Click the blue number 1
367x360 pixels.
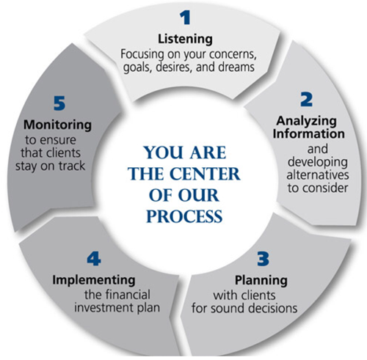click(x=185, y=18)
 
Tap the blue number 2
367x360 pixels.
click(x=306, y=100)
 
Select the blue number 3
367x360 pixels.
click(x=263, y=259)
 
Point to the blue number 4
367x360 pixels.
click(x=94, y=259)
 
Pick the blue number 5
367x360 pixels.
click(x=59, y=103)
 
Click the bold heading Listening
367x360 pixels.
click(x=185, y=39)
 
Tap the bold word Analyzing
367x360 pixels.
click(x=307, y=121)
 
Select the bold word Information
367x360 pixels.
click(x=309, y=134)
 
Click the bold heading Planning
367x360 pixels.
click(x=261, y=280)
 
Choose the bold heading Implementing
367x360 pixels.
click(x=94, y=280)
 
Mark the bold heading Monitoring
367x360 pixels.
click(x=57, y=125)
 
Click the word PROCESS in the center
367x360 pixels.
click(x=184, y=216)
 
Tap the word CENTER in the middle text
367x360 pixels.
click(x=205, y=174)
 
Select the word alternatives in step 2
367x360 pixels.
click(x=318, y=175)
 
